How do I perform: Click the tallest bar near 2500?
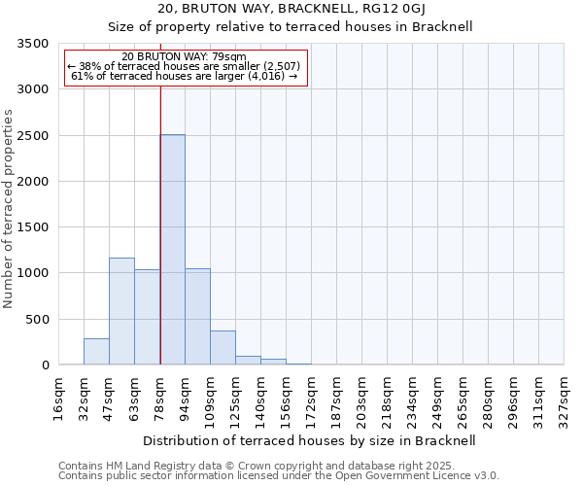[x=172, y=250]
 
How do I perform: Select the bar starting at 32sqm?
[x=96, y=352]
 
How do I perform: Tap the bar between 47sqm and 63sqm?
[x=121, y=311]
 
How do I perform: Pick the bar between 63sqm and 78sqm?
[x=147, y=317]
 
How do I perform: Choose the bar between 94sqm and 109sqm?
[x=197, y=317]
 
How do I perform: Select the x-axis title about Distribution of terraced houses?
[x=310, y=440]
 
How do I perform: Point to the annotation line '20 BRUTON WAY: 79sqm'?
[x=185, y=56]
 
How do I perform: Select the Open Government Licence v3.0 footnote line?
[x=279, y=476]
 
